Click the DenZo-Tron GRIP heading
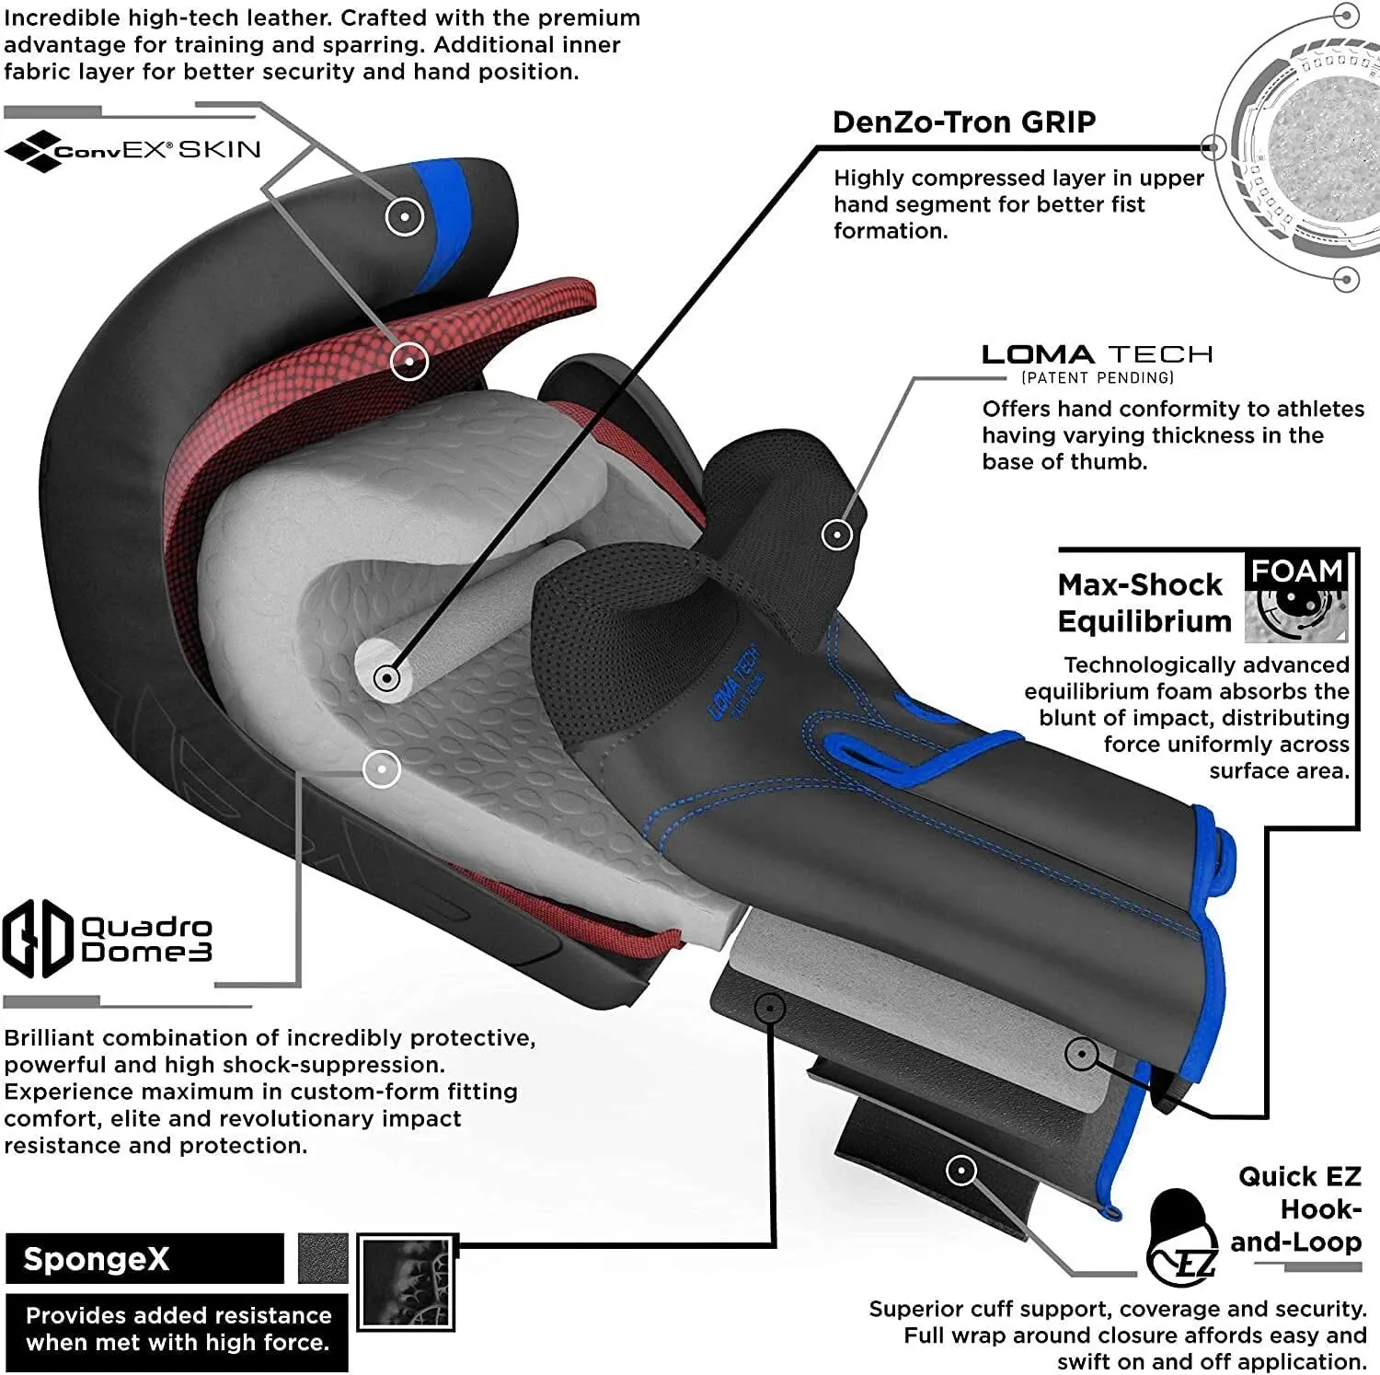click(x=963, y=122)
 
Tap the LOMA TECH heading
click(x=1097, y=354)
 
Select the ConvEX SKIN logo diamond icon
click(x=30, y=151)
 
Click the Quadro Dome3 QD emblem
click(x=37, y=939)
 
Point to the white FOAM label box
click(x=1297, y=572)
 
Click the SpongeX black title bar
click(x=144, y=1258)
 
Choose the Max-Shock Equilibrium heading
click(x=1144, y=603)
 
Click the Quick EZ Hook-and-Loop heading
click(x=1297, y=1208)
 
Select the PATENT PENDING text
click(x=1097, y=377)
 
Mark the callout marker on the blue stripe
click(x=405, y=217)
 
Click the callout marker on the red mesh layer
click(x=409, y=361)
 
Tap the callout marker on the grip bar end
click(x=387, y=679)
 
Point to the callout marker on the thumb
click(x=836, y=534)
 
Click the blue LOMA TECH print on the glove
click(x=734, y=681)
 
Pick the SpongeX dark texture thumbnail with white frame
click(x=407, y=1282)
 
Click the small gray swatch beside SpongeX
click(x=323, y=1258)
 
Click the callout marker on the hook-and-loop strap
click(x=960, y=1171)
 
